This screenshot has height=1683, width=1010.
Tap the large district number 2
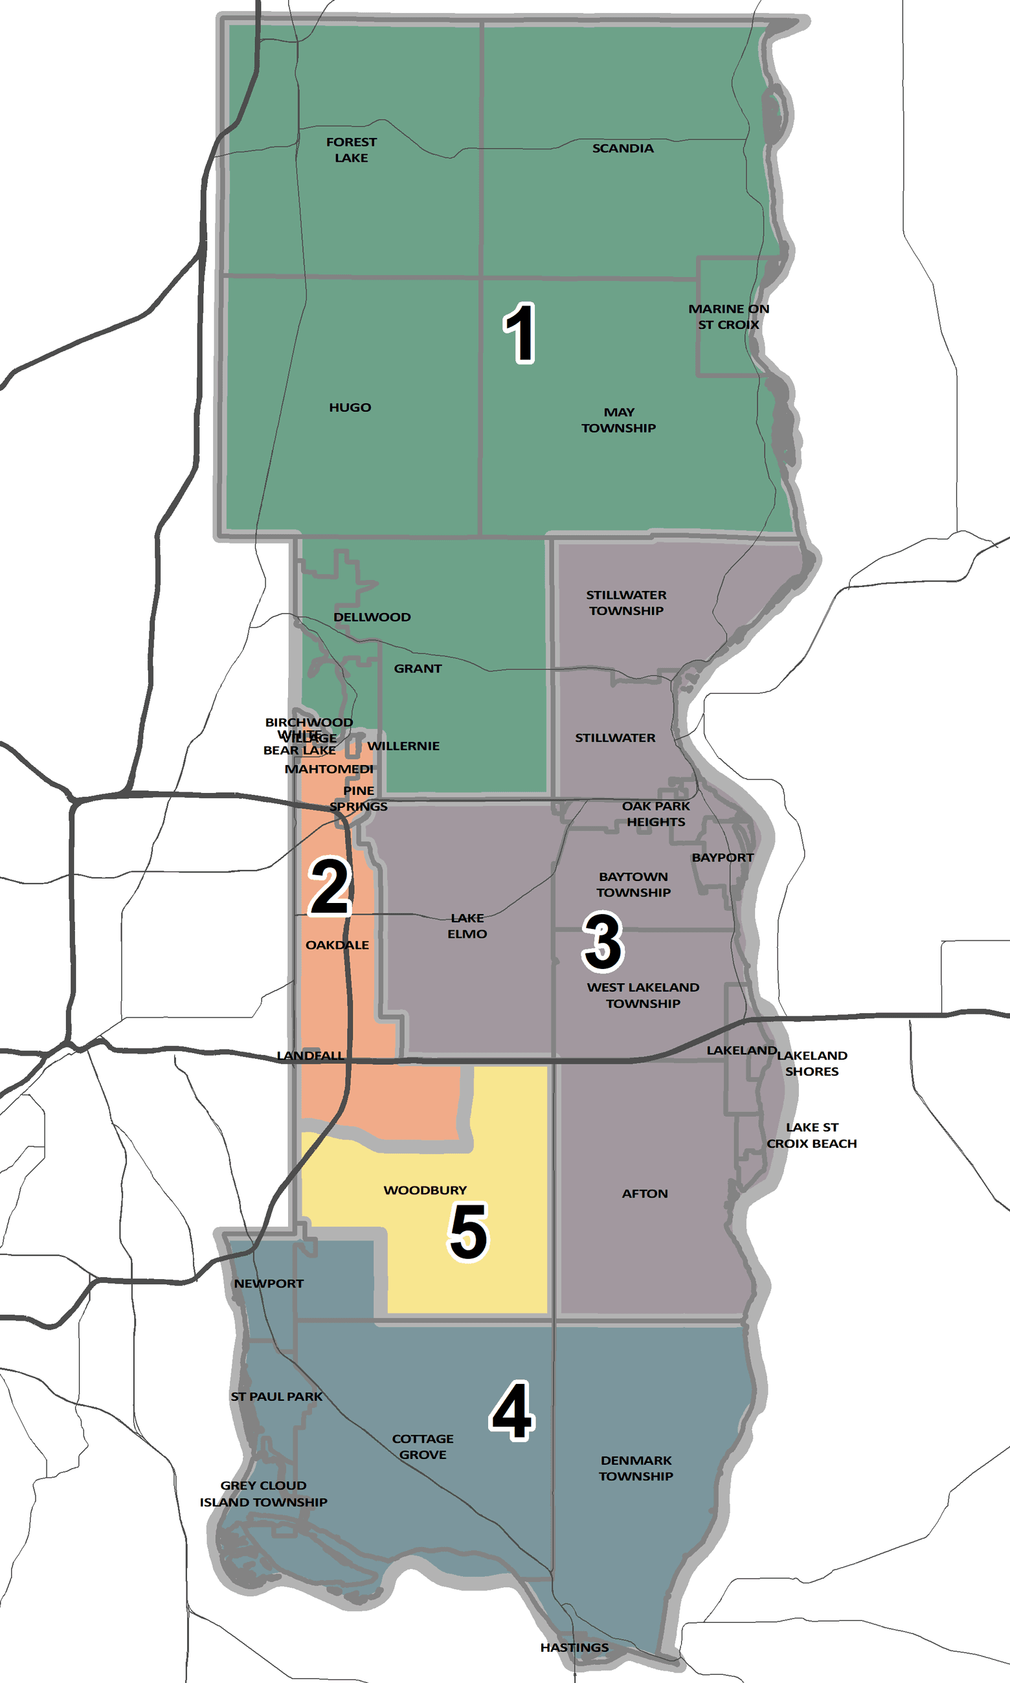click(330, 886)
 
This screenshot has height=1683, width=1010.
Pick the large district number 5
click(468, 1231)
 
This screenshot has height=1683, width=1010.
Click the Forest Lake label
click(351, 150)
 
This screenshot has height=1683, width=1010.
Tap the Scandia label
click(623, 148)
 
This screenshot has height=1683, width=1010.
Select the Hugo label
click(350, 408)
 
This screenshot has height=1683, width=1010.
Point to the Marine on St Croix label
click(728, 317)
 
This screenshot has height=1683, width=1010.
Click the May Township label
click(619, 419)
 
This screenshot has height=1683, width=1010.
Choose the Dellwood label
click(372, 617)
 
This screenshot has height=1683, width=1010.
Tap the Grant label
click(418, 669)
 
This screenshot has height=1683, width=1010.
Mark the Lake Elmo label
click(467, 926)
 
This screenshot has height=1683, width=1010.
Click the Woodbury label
click(425, 1190)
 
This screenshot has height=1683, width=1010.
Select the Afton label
click(644, 1193)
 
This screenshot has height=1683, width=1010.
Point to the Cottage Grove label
click(423, 1446)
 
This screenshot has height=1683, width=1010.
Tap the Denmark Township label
click(636, 1468)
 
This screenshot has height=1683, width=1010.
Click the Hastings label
click(574, 1647)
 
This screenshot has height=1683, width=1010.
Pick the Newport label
click(269, 1284)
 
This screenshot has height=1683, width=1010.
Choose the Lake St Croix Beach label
click(811, 1135)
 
